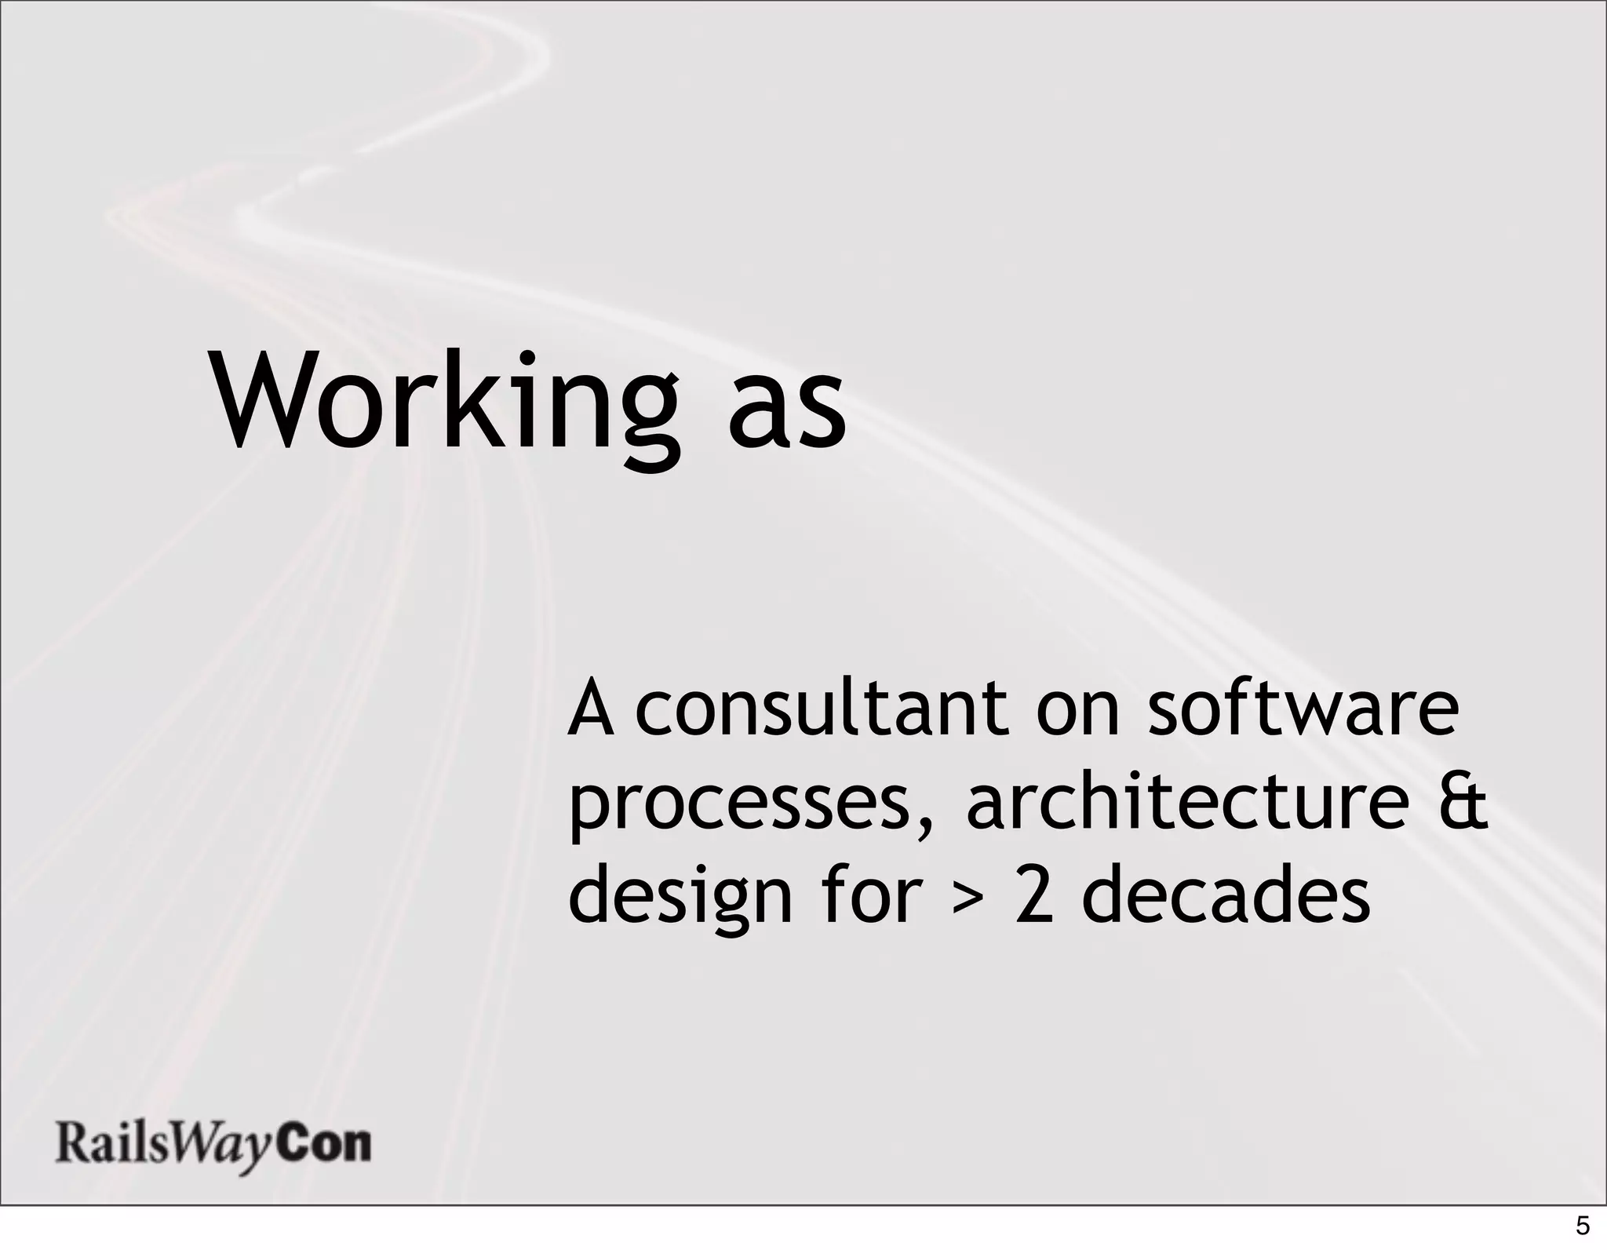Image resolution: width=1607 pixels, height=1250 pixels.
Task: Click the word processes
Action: [x=738, y=808]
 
